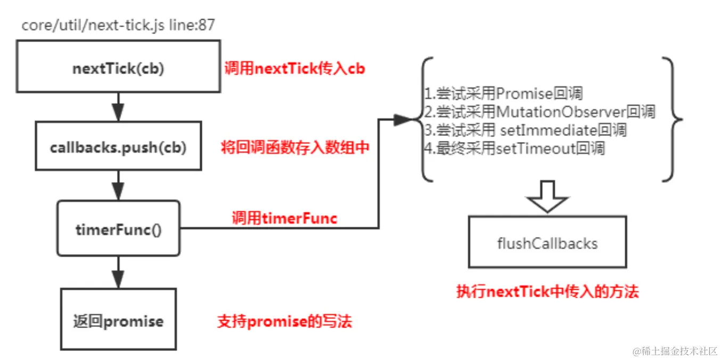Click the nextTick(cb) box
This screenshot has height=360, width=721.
[x=118, y=68]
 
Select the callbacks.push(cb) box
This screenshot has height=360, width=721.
[x=118, y=148]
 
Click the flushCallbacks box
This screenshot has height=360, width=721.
[x=547, y=243]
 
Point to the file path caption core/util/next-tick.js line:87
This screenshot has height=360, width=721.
[x=118, y=24]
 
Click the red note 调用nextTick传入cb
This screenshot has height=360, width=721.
[x=294, y=68]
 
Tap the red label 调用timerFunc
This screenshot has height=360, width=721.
[x=284, y=217]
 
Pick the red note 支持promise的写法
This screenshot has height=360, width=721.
[x=284, y=321]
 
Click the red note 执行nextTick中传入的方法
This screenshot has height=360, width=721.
[x=547, y=291]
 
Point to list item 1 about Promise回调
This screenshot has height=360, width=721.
[x=503, y=94]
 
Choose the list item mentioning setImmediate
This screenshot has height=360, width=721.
[x=525, y=130]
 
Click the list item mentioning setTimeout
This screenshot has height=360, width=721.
[x=514, y=148]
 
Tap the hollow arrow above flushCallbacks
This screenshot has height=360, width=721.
[x=547, y=196]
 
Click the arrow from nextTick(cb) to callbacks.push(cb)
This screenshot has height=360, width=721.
[x=118, y=107]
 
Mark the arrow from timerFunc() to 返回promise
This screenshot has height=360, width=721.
[x=118, y=272]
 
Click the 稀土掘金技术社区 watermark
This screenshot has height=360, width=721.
[x=675, y=351]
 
